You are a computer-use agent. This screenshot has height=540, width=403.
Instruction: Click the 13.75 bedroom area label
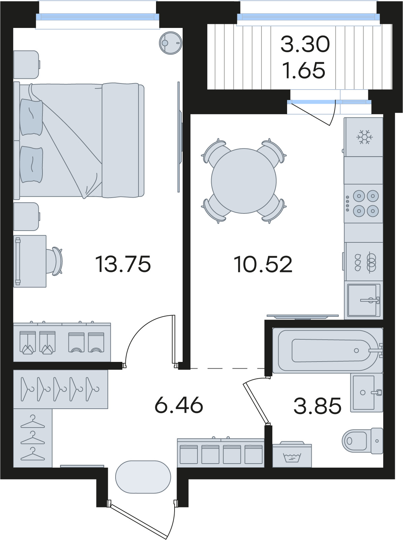tap(123, 264)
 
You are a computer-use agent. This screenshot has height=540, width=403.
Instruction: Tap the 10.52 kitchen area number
tap(263, 264)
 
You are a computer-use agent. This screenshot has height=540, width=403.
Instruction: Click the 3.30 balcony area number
tap(305, 44)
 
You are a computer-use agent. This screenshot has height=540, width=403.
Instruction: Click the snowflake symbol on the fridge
tap(365, 137)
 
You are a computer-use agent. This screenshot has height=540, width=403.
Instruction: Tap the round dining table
tap(244, 181)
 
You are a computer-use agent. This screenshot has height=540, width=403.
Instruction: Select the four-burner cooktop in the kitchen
tap(363, 203)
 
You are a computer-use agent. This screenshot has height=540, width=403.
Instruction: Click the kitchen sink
tap(364, 300)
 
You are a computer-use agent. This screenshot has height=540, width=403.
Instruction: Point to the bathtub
tap(328, 350)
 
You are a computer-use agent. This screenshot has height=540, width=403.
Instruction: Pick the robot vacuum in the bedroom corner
tap(170, 43)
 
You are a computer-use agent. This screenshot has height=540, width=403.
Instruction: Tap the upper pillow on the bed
tap(31, 117)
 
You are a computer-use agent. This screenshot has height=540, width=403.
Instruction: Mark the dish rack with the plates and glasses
tap(364, 262)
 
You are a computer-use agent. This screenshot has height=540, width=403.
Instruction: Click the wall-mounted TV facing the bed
tap(180, 137)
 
